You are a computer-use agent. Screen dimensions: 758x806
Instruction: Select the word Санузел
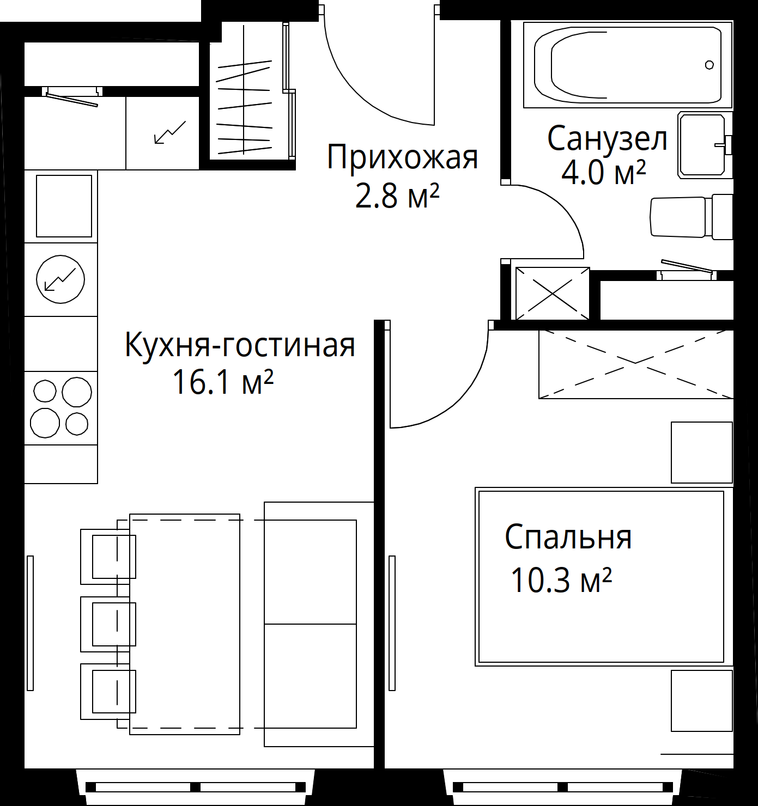point(607,139)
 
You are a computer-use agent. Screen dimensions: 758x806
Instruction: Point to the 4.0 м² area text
point(603,172)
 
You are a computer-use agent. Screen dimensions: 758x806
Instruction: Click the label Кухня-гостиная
point(240,345)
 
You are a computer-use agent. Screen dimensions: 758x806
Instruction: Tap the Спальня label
point(568,538)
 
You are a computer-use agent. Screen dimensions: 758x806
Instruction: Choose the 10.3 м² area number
point(561,581)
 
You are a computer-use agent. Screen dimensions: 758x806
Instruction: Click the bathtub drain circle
point(710,65)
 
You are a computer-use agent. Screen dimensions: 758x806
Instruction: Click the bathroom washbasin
point(705,146)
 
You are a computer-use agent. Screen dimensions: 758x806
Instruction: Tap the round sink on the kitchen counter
point(60,279)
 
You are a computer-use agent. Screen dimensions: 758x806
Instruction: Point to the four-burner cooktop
point(61,408)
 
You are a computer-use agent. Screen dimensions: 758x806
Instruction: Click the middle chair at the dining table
point(108,624)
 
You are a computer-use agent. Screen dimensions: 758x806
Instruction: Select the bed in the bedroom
point(604,577)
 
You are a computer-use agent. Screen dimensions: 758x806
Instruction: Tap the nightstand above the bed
point(701,453)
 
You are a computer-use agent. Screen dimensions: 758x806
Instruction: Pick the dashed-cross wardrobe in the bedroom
point(636,364)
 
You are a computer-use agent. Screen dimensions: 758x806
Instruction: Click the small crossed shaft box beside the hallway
point(553,294)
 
